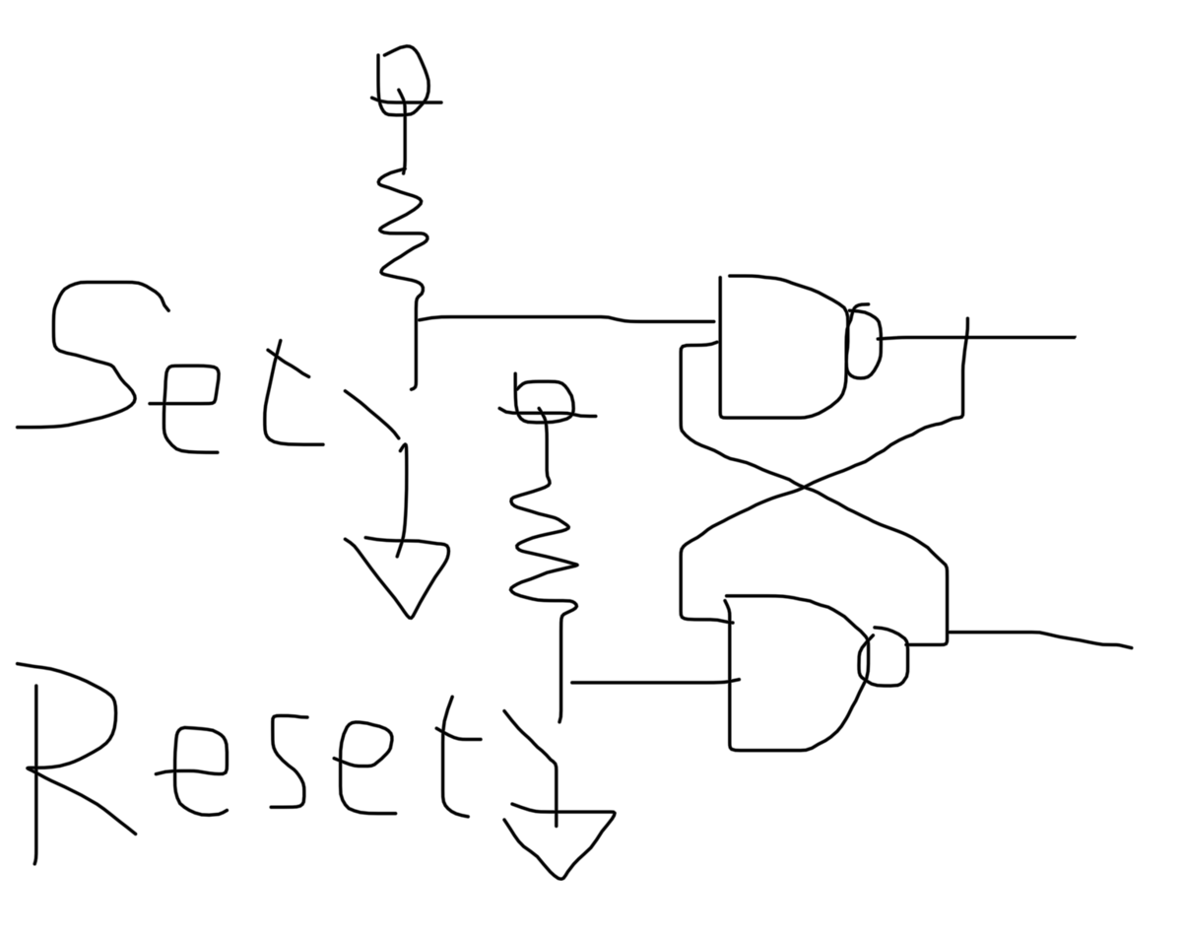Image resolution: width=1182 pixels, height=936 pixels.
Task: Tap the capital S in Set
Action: click(x=94, y=355)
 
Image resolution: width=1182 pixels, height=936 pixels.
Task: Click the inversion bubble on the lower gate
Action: click(x=883, y=656)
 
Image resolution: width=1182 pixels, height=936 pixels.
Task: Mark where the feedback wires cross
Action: click(x=803, y=487)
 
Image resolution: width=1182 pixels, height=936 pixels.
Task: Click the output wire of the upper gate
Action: click(x=978, y=338)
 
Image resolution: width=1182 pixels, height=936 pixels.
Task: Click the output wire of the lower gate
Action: click(x=1038, y=634)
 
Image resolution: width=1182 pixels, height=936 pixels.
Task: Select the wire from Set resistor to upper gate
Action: click(x=565, y=317)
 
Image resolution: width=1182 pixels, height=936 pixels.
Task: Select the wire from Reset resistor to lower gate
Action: click(x=654, y=682)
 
